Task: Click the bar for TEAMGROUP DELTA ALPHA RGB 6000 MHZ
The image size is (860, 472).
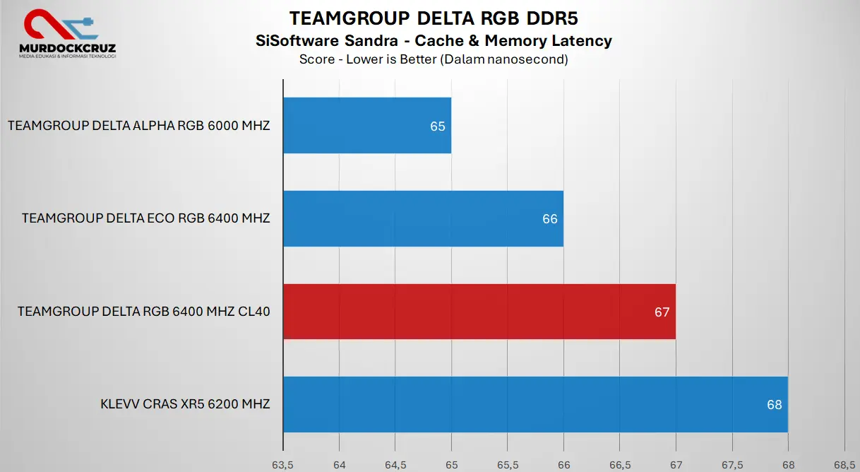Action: pos(366,126)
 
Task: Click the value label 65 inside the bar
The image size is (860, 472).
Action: pos(438,126)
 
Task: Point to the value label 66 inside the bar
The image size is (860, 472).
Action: pos(550,219)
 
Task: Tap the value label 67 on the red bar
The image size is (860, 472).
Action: pos(662,312)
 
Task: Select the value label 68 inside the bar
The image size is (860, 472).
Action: pos(774,405)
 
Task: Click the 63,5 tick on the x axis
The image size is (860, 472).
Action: pos(282,465)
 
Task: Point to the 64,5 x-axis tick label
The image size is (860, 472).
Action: pos(395,465)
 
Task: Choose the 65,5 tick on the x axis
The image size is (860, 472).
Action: pos(508,465)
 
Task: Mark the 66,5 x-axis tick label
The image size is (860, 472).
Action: pos(619,465)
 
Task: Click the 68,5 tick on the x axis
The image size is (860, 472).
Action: pos(844,465)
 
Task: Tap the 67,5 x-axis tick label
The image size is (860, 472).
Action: pos(732,465)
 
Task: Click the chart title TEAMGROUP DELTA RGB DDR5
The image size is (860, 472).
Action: pos(434,18)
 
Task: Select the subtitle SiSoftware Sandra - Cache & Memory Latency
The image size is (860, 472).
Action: pos(434,41)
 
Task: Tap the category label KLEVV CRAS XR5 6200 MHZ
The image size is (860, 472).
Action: pos(185,405)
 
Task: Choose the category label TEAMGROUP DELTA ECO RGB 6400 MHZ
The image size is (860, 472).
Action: pos(146,218)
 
